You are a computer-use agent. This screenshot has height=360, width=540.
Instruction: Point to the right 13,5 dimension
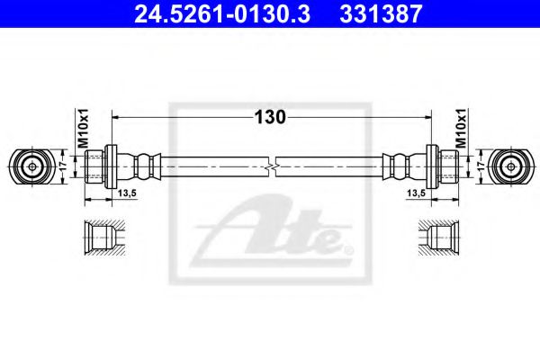416,193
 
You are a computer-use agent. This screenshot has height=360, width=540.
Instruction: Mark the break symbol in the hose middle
272,166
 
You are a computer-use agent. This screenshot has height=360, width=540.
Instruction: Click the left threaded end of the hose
94,166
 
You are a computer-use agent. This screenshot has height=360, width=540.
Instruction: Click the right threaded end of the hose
446,166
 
